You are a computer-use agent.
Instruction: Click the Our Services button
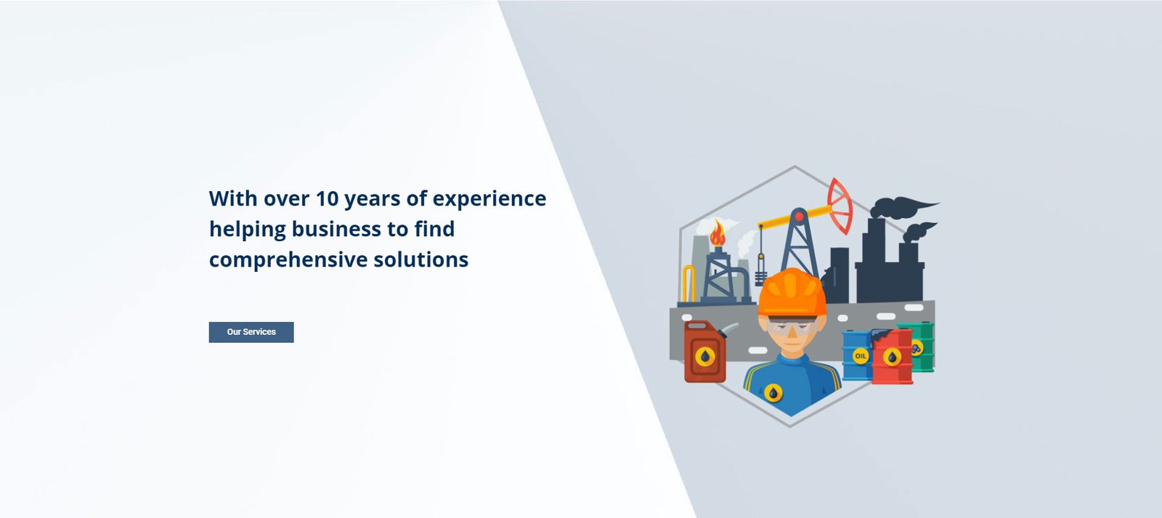[x=251, y=332]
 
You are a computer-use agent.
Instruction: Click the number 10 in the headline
[x=327, y=198]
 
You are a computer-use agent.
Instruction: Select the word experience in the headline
[x=489, y=200]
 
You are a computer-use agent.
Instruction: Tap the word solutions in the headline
[x=420, y=259]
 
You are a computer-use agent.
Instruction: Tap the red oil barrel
[x=892, y=357]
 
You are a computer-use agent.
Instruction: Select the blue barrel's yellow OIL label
[x=860, y=356]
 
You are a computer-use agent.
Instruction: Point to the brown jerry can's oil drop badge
[x=704, y=357]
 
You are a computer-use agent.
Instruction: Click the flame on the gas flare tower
[x=718, y=233]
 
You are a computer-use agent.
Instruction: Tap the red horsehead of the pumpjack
[x=840, y=206]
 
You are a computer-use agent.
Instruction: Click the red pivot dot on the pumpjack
[x=799, y=216]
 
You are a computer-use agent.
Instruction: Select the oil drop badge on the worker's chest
[x=773, y=394]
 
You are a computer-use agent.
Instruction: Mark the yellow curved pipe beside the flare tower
[x=688, y=283]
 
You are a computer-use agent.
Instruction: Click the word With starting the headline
[x=233, y=198]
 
